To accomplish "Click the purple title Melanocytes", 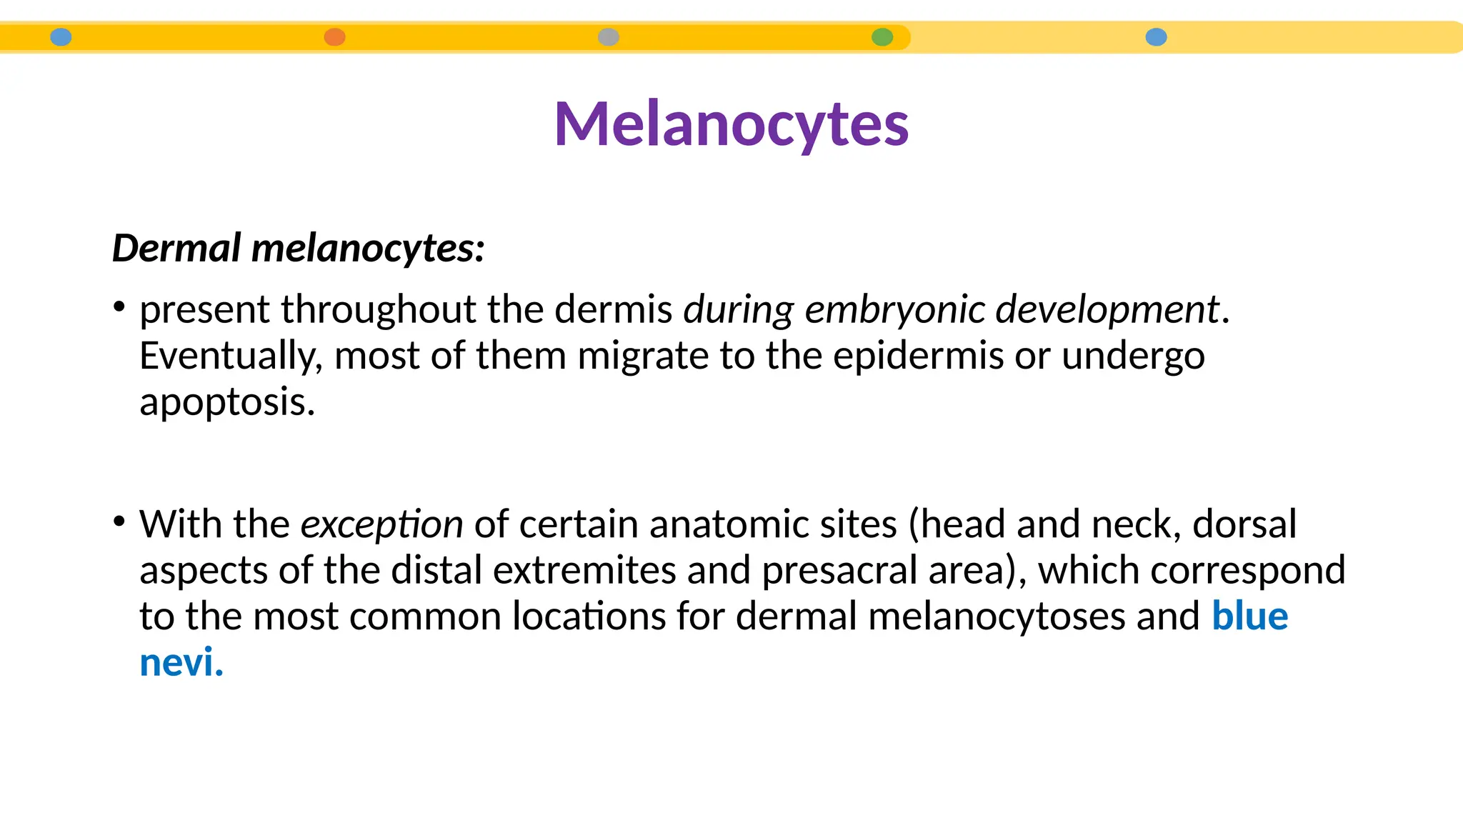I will tap(731, 124).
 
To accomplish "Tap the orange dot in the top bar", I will tap(334, 37).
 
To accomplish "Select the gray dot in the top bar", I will tap(608, 37).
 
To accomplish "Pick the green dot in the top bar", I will tap(882, 37).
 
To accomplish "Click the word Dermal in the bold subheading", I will tap(176, 248).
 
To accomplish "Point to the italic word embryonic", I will tap(894, 310).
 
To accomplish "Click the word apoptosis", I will tap(226, 402).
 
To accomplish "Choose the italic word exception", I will tap(381, 524).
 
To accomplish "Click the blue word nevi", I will tap(181, 662).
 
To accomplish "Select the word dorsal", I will tap(1244, 524).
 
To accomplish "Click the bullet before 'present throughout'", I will tap(119, 307).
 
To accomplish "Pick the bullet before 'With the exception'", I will tap(119, 522).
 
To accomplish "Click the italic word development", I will tap(1107, 310).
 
